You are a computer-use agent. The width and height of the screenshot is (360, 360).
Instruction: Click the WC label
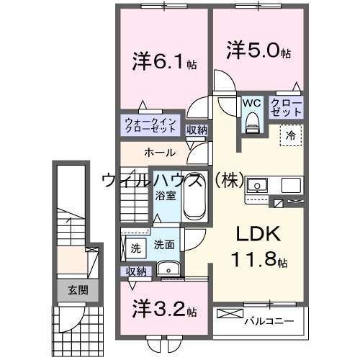click(251, 103)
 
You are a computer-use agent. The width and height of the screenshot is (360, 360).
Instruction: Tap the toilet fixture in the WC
click(251, 124)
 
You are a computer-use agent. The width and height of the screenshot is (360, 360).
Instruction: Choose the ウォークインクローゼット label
click(149, 126)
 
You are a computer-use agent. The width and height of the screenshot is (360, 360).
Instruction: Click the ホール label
click(158, 153)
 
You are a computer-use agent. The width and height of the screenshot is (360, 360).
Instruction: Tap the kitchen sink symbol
click(257, 186)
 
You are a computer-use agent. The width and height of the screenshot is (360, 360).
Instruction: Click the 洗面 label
click(163, 245)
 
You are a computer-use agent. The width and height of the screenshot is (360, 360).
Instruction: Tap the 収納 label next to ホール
click(197, 130)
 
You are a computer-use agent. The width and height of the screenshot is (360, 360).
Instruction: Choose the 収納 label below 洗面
click(136, 271)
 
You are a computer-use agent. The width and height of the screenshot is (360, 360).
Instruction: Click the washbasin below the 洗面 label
click(168, 269)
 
